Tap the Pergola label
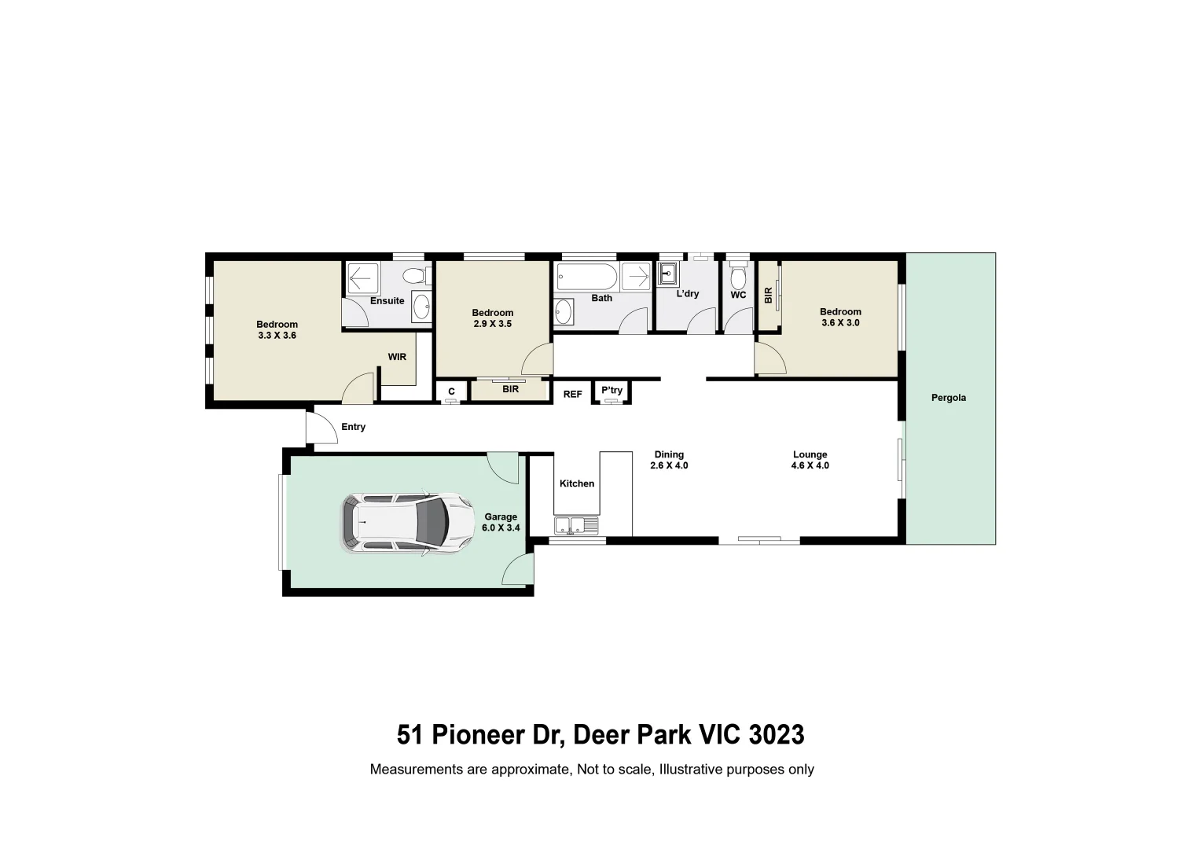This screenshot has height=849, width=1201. point(949,398)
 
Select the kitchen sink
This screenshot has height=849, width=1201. point(576,526)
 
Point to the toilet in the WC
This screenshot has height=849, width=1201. point(738,277)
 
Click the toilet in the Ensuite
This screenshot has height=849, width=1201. point(415,277)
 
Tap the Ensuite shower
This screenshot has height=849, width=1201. point(362,278)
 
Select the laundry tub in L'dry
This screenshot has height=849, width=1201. point(669,274)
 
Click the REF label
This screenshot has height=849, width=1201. point(573,394)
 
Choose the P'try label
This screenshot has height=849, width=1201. point(612,391)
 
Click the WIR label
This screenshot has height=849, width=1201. point(397,357)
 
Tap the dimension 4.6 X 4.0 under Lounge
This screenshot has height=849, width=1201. point(810,465)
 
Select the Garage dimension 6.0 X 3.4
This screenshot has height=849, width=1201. point(501,527)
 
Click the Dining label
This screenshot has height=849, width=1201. point(669,454)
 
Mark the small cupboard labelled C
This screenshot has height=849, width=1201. point(451,391)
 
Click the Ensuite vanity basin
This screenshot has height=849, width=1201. point(421,308)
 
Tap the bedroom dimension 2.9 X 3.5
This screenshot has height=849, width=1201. point(493,323)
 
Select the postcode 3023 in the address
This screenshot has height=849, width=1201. point(777,735)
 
